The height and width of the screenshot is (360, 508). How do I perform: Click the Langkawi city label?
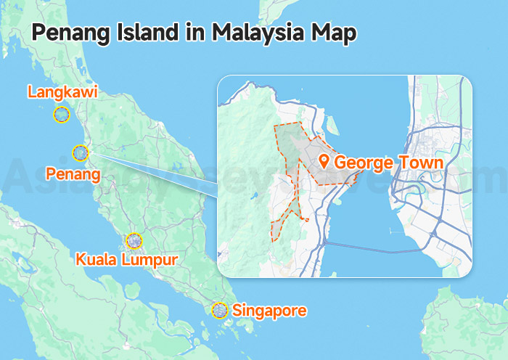tap(62, 92)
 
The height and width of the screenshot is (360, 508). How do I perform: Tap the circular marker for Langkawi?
tap(62, 115)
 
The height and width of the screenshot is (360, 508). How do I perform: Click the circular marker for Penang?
tap(81, 153)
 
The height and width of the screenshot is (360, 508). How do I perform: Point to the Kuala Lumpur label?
tap(126, 258)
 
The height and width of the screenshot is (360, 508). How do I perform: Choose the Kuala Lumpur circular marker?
tap(135, 241)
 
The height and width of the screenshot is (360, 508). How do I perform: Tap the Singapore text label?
tap(269, 311)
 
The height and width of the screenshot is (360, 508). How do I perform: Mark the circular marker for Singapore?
tap(220, 311)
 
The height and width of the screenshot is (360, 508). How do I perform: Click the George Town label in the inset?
tap(388, 162)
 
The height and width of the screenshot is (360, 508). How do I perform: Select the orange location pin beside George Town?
tap(324, 161)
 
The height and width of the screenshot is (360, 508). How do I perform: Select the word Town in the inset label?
tap(419, 162)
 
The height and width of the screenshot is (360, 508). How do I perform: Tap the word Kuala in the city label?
tap(97, 258)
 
